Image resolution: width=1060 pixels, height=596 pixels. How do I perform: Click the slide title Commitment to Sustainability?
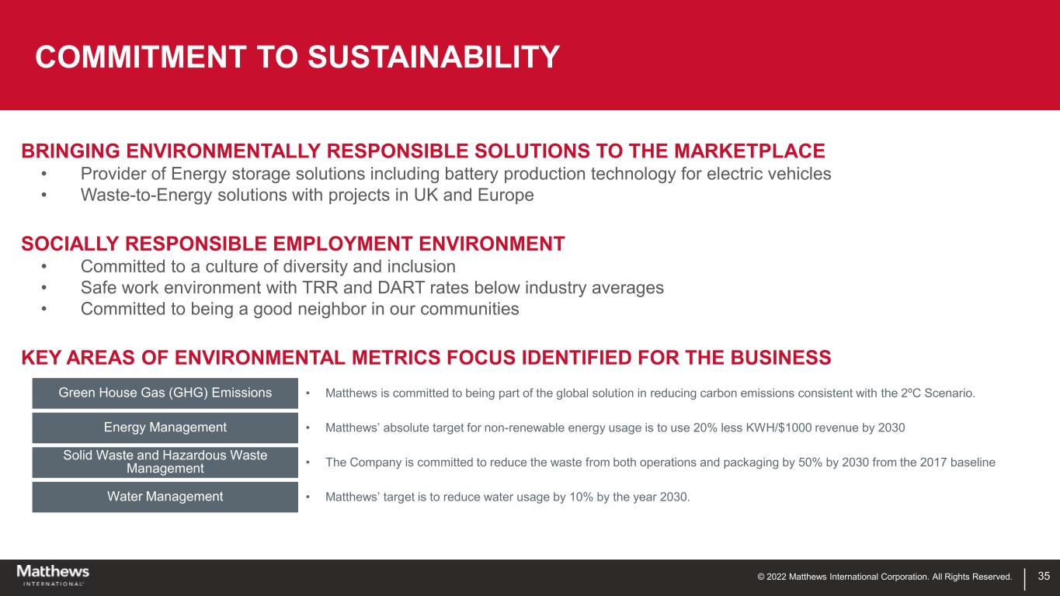297,57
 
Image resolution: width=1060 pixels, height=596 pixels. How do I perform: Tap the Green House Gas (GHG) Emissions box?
165,393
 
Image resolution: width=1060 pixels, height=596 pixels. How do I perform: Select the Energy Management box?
165,428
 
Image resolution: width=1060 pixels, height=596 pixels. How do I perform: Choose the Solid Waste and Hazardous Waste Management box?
165,463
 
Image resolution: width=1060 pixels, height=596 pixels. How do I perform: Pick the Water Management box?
165,497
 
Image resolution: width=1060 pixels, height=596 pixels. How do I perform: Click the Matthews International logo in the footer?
53,576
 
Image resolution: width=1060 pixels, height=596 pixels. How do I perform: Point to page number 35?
1044,576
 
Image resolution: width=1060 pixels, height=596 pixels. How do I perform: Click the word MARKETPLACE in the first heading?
749,151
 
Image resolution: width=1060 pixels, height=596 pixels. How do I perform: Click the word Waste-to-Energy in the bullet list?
146,195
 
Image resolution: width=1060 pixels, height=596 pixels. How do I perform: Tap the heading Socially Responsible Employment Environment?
293,244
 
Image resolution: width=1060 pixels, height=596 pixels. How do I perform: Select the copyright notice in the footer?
884,577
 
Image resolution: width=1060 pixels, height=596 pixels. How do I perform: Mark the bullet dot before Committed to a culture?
43,266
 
